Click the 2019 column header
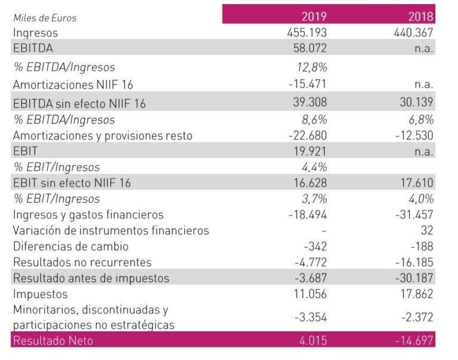coord(314,16)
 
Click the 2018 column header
coord(420,16)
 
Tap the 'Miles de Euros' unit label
coord(45,18)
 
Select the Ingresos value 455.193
coord(307,33)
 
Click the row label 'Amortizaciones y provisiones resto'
coord(103,136)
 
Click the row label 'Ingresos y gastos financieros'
coord(88,215)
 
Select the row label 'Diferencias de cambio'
coord(70,246)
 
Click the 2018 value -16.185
coord(414,262)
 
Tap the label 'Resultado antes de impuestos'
coord(91,278)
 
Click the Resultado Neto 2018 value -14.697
coord(414,341)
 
